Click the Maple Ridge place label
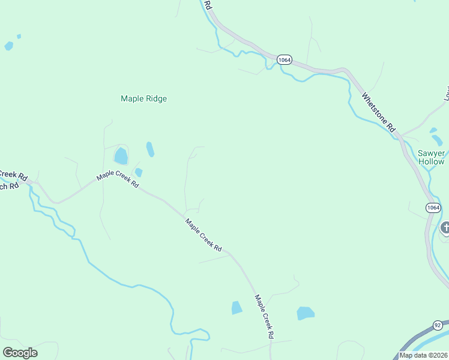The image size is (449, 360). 143,99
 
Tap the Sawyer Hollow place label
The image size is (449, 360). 431,157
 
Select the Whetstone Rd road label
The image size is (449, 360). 379,112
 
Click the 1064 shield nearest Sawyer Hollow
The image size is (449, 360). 433,208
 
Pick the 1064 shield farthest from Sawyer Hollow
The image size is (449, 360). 284,59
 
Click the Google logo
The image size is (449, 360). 20,353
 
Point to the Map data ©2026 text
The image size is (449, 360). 423,355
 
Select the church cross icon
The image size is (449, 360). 445,227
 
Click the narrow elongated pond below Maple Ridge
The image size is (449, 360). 150,149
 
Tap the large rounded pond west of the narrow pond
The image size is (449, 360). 121,156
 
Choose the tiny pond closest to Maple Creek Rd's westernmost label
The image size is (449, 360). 139,173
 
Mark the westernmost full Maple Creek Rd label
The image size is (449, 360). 118,181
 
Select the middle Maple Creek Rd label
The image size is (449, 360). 203,235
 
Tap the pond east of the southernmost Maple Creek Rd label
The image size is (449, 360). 306,313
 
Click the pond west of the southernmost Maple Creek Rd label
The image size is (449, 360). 237,308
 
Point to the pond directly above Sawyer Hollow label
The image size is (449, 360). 437,140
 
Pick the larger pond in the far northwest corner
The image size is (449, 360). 8,46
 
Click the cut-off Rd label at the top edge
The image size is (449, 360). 208,5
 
